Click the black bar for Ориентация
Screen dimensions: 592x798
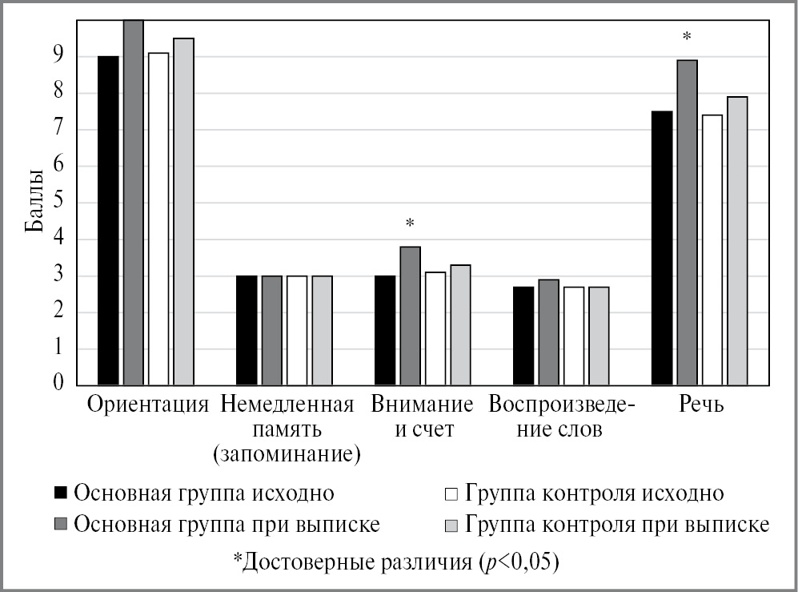pos(108,221)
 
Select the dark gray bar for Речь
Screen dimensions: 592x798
pos(687,223)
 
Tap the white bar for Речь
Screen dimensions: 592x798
pos(712,250)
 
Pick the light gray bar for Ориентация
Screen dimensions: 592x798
pos(183,211)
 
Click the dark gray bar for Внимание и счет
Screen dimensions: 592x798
pos(410,316)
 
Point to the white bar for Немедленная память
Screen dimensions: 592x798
pos(297,330)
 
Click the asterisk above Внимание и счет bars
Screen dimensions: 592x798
pos(410,224)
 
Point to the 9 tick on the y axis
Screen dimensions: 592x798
pos(58,55)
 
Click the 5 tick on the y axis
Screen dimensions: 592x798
pos(58,203)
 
